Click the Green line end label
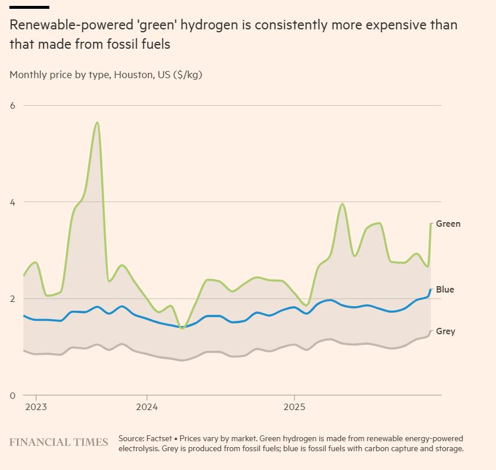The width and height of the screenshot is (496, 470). coord(448,224)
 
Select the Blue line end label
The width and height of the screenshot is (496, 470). coord(445,290)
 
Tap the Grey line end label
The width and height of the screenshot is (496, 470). coord(445,331)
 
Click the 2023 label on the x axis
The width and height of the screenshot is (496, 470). coord(36,407)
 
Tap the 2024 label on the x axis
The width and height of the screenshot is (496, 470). coord(147,407)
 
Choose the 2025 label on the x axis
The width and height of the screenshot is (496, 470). coord(294,407)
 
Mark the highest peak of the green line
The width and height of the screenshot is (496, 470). coord(97,122)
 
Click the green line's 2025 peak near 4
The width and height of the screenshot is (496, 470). coord(342,204)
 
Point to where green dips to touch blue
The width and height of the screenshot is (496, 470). coord(182,327)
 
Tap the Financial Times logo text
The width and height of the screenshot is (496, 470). coord(59,442)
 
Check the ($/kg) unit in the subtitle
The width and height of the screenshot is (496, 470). coord(187,75)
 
